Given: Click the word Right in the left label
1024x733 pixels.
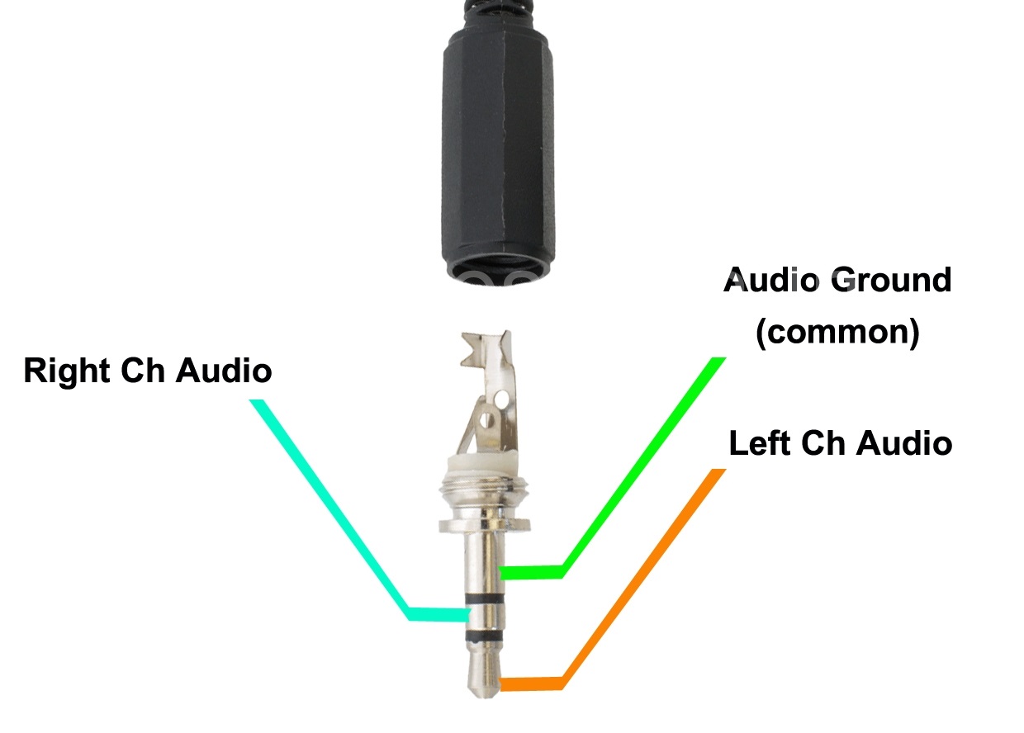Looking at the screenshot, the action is (67, 372).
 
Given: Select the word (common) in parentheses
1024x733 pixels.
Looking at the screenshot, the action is (837, 332).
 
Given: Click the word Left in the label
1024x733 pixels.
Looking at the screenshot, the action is (760, 442).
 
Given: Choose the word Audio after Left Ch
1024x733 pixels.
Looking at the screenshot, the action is (904, 442).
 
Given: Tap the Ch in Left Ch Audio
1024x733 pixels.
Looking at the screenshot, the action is (823, 442).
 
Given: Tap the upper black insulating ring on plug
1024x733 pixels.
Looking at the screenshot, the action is (485, 598).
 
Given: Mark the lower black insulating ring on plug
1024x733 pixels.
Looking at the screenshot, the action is (485, 636).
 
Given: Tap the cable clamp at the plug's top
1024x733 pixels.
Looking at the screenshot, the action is (486, 350).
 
